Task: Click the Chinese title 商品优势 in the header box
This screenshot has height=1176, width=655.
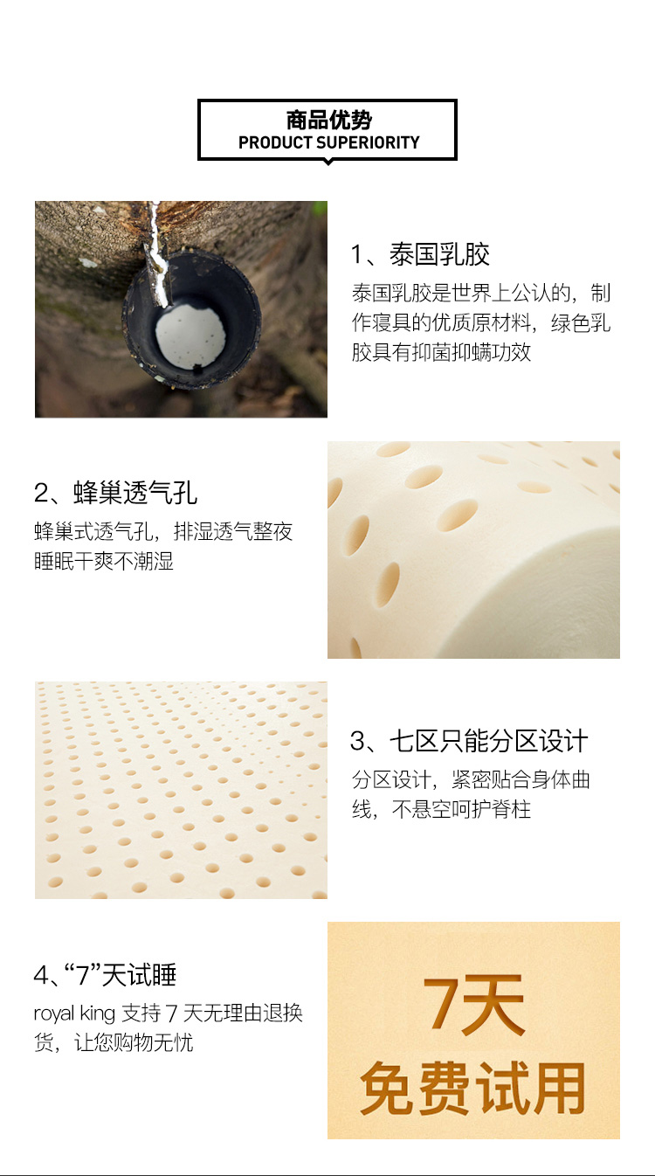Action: tap(328, 121)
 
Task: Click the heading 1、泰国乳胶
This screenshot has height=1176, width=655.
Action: tap(420, 254)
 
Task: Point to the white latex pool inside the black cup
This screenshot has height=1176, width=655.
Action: tap(191, 336)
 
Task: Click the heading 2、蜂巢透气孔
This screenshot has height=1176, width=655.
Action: tap(116, 493)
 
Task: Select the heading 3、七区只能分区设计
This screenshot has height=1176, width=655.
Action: tap(469, 741)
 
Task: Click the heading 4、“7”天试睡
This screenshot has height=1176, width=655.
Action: tap(105, 975)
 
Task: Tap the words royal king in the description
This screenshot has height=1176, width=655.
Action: tap(74, 1013)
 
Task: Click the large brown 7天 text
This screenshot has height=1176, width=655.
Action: tap(473, 1005)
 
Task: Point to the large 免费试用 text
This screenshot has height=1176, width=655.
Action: tap(472, 1087)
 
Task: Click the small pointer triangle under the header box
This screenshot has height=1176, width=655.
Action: tap(328, 163)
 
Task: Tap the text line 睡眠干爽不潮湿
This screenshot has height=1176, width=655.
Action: tap(104, 561)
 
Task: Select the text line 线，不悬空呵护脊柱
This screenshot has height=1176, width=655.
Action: tap(441, 809)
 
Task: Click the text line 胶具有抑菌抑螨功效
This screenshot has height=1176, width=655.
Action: tap(441, 352)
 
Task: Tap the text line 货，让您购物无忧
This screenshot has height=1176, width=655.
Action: tap(114, 1042)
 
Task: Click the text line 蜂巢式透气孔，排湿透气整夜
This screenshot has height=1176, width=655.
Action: tap(163, 531)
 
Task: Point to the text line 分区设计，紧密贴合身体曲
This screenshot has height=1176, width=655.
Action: tap(471, 779)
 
